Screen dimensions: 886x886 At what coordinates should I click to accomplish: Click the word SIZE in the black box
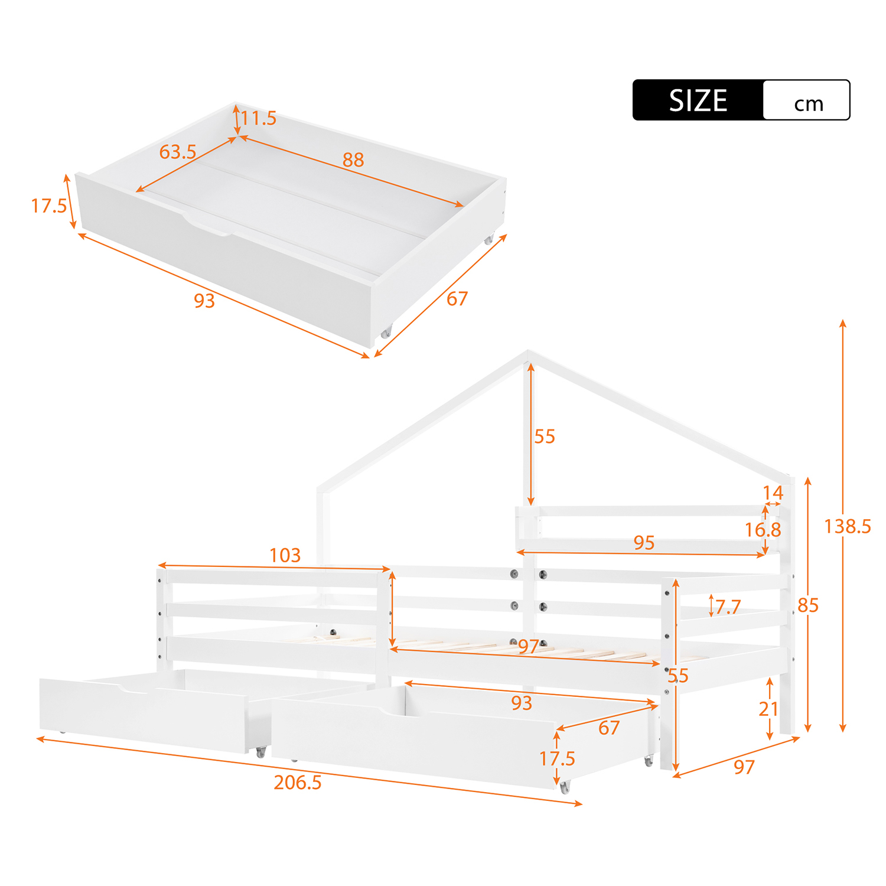[x=698, y=100]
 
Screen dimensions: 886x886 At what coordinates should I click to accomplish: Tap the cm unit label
[x=808, y=104]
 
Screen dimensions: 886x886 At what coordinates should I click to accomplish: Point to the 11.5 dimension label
[x=258, y=118]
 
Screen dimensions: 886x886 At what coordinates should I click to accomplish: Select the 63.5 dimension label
[x=178, y=152]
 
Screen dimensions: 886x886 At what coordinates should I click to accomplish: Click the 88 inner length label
[x=353, y=159]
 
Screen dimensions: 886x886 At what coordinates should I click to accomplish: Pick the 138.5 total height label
[x=848, y=526]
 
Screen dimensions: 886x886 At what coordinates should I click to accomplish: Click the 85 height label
[x=808, y=605]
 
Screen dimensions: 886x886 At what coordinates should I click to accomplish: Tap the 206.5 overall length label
[x=298, y=782]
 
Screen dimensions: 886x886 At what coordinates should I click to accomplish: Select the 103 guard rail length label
[x=285, y=555]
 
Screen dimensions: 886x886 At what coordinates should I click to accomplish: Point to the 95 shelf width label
[x=644, y=542]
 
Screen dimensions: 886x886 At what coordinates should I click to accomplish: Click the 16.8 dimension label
[x=763, y=530]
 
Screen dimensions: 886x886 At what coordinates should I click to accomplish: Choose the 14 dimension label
[x=773, y=493]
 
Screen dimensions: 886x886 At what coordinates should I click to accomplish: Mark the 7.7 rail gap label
[x=728, y=607]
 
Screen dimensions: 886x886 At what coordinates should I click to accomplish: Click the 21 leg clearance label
[x=768, y=709]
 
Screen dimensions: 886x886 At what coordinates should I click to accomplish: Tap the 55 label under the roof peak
[x=545, y=437]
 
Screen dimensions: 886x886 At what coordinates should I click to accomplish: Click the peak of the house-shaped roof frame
[x=527, y=353]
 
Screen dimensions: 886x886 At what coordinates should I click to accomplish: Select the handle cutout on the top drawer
[x=207, y=227]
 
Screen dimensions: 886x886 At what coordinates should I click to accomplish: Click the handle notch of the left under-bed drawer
[x=134, y=689]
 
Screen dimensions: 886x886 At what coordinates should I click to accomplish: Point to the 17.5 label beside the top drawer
[x=49, y=206]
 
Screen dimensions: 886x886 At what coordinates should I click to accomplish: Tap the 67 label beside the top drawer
[x=457, y=299]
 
